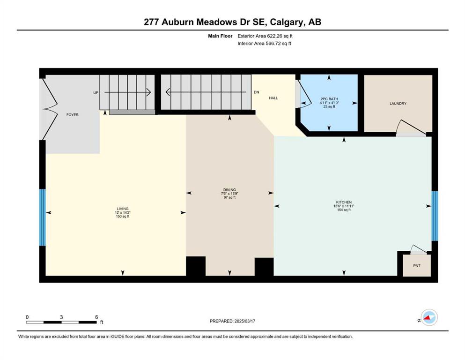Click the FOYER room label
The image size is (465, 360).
pyautogui.click(x=73, y=115)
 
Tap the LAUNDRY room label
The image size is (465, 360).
pyautogui.click(x=398, y=104)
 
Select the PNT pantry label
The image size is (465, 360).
pyautogui.click(x=417, y=266)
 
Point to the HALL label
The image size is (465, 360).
pyautogui.click(x=273, y=98)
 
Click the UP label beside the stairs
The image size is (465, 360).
pyautogui.click(x=96, y=93)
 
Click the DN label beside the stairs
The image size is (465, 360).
pyautogui.click(x=257, y=92)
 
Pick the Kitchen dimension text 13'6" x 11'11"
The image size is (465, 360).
pyautogui.click(x=344, y=206)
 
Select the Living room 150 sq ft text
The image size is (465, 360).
pyautogui.click(x=123, y=217)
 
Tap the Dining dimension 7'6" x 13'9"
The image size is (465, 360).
pyautogui.click(x=229, y=194)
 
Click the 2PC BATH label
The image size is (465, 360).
pyautogui.click(x=329, y=99)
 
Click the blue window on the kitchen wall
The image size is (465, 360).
pyautogui.click(x=435, y=216)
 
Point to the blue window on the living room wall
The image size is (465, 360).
pyautogui.click(x=43, y=217)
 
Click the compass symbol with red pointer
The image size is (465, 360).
pyautogui.click(x=429, y=317)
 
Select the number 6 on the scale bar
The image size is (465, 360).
pyautogui.click(x=96, y=317)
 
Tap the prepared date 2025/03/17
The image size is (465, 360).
pyautogui.click(x=245, y=321)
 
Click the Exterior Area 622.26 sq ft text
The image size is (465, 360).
pyautogui.click(x=265, y=36)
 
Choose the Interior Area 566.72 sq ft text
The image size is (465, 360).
pyautogui.click(x=264, y=43)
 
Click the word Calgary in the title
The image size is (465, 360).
pyautogui.click(x=288, y=22)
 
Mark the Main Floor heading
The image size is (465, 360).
pyautogui.click(x=221, y=36)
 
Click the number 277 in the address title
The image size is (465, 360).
pyautogui.click(x=151, y=22)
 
